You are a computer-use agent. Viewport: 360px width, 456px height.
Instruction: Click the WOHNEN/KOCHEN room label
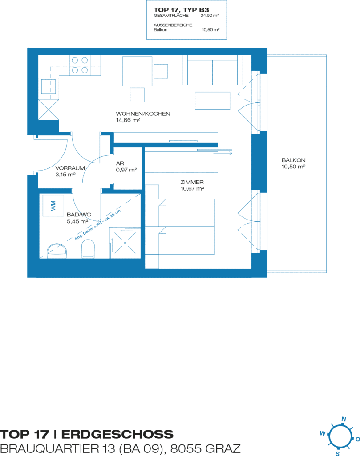143,114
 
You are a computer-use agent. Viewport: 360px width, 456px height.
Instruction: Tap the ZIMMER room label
192,182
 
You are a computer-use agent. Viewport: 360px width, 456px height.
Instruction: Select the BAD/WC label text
79,215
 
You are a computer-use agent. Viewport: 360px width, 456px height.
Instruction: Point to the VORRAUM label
70,168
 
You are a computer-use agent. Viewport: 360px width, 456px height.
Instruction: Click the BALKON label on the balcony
293,160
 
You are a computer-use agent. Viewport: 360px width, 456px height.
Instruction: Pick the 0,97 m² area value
126,170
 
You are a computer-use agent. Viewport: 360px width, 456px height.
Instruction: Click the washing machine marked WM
53,206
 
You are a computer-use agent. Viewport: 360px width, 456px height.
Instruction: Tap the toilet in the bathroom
88,249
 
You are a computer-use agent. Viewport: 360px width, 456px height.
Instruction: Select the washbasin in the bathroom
57,251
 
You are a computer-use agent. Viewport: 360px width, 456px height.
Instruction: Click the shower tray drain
125,243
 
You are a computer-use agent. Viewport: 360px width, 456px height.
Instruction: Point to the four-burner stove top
80,65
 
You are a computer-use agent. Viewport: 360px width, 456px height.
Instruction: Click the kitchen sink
49,86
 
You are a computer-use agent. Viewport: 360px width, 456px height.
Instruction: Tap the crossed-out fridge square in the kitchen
49,110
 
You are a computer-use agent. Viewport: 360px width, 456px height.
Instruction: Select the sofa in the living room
212,70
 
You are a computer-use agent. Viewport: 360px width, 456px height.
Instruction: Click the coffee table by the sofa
212,101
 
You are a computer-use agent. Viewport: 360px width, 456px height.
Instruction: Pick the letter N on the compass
344,419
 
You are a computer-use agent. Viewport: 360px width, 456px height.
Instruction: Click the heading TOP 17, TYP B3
181,10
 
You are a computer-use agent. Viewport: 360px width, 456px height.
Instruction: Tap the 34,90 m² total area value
210,16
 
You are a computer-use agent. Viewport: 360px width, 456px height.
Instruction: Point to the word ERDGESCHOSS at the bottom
117,434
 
